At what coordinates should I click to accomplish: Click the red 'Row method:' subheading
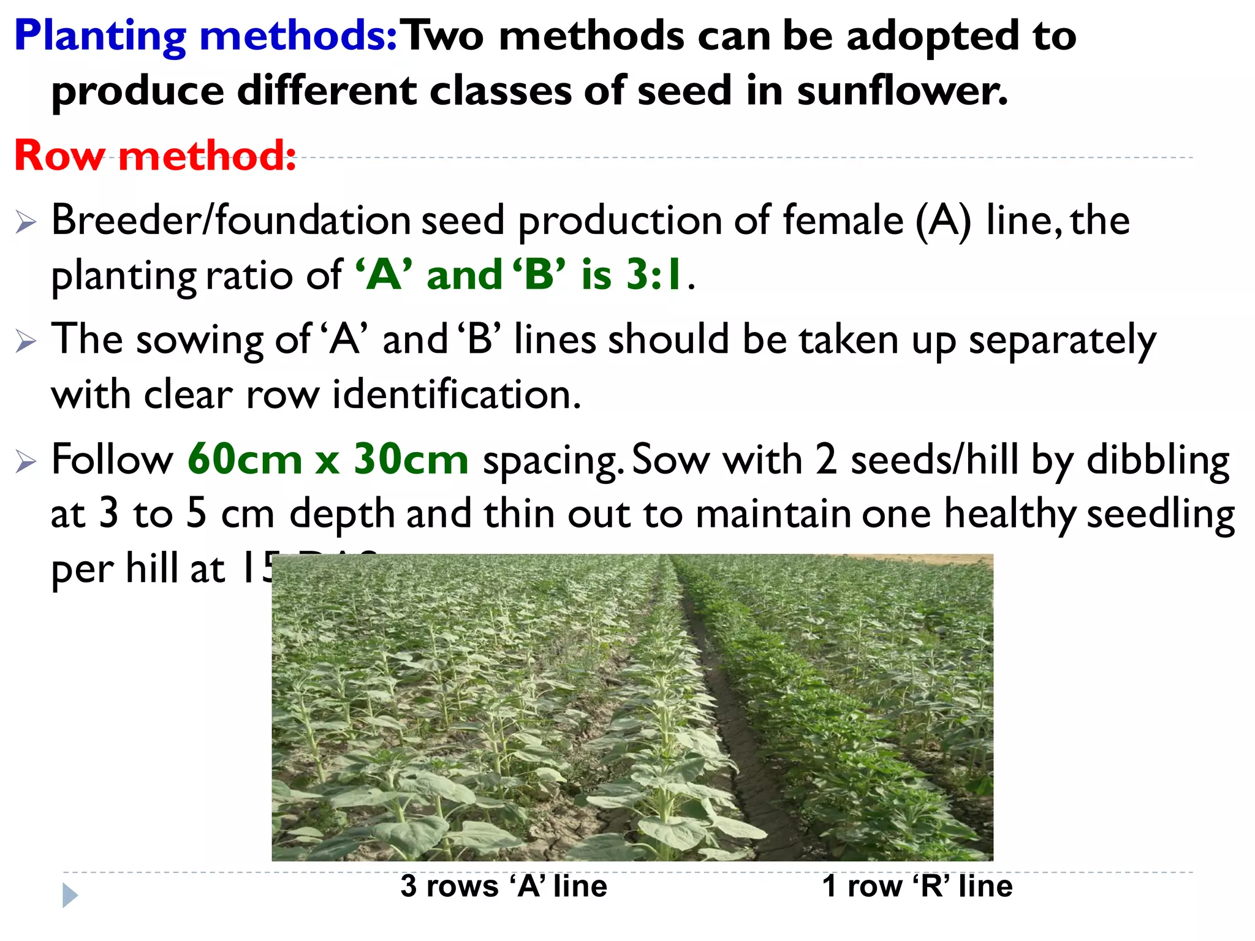[x=155, y=156]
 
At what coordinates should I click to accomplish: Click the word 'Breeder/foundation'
[x=230, y=220]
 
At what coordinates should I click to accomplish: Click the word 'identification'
[x=457, y=394]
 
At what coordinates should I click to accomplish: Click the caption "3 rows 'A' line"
[x=504, y=886]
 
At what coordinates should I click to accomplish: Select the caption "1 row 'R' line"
[x=917, y=886]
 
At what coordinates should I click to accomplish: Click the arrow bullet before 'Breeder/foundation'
[x=26, y=222]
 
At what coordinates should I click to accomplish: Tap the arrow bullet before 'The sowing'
[x=26, y=341]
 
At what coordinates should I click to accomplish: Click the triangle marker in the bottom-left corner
[x=70, y=895]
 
